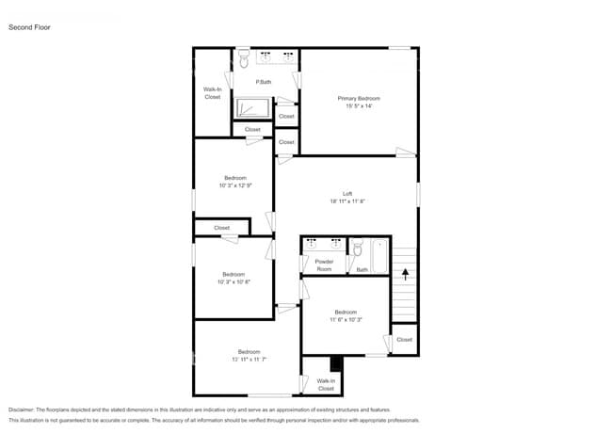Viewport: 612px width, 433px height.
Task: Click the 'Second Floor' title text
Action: pos(29,27)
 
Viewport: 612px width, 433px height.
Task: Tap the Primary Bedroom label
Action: pos(359,98)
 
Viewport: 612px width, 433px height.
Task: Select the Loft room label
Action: pos(347,194)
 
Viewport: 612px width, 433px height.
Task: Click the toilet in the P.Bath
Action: pos(244,60)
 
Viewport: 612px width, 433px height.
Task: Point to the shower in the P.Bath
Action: pos(251,108)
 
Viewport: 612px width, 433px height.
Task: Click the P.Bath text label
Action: pos(264,82)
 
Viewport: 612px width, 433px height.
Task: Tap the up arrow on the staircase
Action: pos(405,274)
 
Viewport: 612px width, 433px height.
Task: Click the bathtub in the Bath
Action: pos(379,255)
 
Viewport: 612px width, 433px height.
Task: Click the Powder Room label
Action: pos(324,265)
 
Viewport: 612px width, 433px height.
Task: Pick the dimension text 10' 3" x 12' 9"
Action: pos(235,185)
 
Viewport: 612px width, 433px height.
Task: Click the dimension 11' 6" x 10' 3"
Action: pos(346,319)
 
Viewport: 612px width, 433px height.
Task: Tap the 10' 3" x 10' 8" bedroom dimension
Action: pos(234,281)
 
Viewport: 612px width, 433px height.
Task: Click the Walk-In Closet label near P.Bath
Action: pos(212,92)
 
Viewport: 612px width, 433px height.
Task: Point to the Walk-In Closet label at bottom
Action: pos(326,384)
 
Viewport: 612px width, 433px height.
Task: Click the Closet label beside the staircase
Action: pos(404,339)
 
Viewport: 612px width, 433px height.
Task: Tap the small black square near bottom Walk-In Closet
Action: pos(334,363)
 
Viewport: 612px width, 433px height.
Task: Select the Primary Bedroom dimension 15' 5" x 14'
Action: pos(359,106)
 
